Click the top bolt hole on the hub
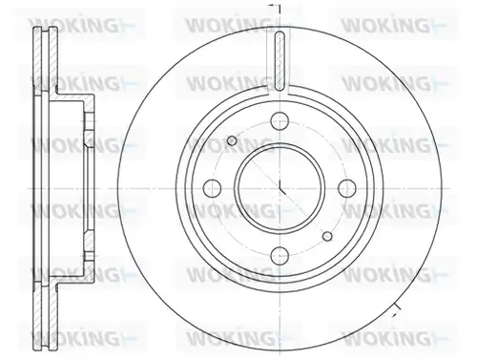(x=280, y=121)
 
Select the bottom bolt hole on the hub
(x=280, y=255)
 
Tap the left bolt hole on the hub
(x=212, y=188)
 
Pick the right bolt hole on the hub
(x=346, y=188)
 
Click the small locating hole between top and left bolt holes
(x=232, y=140)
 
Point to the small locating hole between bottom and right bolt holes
(x=327, y=236)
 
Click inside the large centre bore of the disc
(x=280, y=188)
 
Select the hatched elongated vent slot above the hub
(x=280, y=61)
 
